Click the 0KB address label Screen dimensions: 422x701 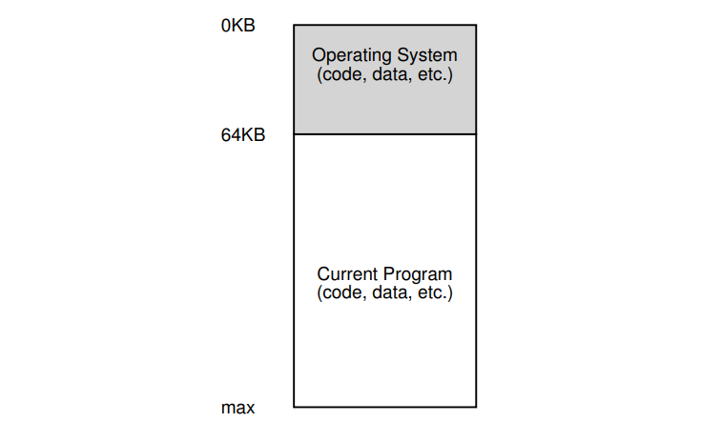[x=238, y=26]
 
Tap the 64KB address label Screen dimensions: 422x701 [x=243, y=135]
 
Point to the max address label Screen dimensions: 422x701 [x=238, y=408]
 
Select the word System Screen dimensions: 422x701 [x=424, y=56]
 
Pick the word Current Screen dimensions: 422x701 [x=347, y=275]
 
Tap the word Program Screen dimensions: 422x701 [x=417, y=275]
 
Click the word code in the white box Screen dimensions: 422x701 [x=337, y=292]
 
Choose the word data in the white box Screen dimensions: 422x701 [x=384, y=292]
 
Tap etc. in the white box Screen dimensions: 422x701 [x=430, y=292]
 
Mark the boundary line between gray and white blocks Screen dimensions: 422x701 [x=384, y=134]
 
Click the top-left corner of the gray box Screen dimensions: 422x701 [x=294, y=26]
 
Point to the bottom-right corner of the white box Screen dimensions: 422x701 [x=476, y=407]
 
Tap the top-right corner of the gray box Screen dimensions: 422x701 [x=476, y=26]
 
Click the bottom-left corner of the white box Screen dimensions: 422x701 [x=294, y=407]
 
